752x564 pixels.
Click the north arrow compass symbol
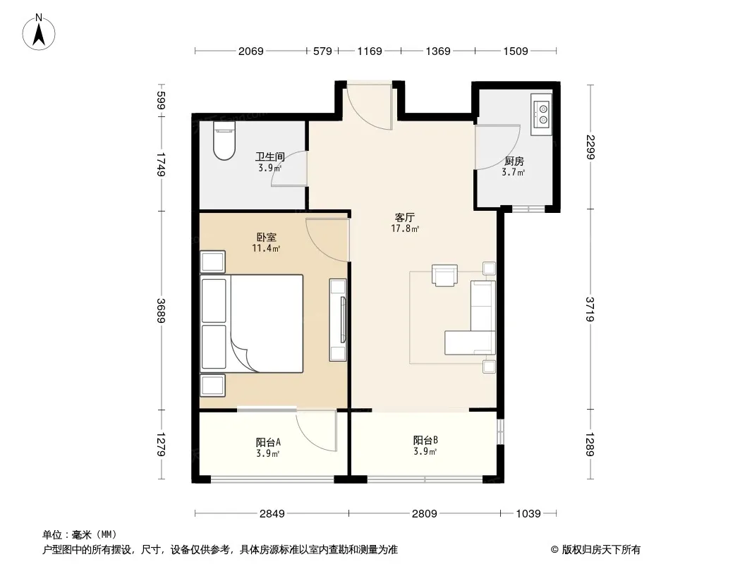(39, 32)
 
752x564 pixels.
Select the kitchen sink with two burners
(542, 114)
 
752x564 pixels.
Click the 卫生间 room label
(270, 157)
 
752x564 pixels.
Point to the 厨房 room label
(514, 161)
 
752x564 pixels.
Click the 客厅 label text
(405, 218)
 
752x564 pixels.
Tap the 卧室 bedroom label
(266, 237)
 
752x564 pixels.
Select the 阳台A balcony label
(268, 442)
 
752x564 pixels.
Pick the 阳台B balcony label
(425, 440)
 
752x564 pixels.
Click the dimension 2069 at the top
(251, 51)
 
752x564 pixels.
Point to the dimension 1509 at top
(516, 51)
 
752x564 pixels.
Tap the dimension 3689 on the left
(161, 310)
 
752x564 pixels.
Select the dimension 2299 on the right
(590, 147)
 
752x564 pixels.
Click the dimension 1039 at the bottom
(528, 514)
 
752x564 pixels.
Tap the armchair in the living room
(444, 276)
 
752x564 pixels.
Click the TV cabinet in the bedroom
(338, 319)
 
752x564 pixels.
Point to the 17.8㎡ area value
(405, 228)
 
